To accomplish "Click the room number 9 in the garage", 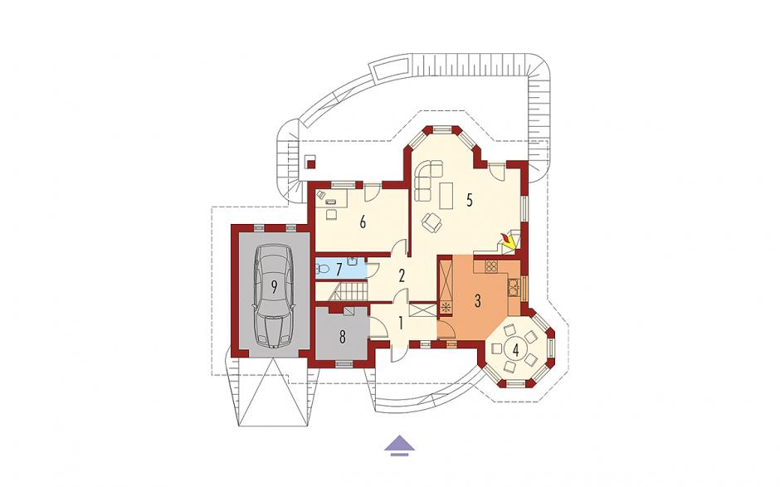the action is click(274, 286).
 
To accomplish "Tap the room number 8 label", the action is click(342, 338).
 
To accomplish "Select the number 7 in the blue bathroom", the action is click(339, 270).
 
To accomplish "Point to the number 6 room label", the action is click(363, 222).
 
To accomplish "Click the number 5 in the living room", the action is click(469, 200).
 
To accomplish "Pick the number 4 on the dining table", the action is click(516, 350).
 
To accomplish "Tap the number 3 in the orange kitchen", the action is click(478, 300).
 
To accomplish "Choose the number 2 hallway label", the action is click(402, 276).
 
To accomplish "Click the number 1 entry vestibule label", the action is click(401, 324).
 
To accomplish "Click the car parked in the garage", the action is click(274, 296).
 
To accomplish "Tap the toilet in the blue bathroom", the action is click(322, 270).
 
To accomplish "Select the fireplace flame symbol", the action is click(508, 240).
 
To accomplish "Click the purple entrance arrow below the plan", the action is click(399, 446).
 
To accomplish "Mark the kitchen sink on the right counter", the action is click(513, 286).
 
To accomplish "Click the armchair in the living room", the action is click(431, 222).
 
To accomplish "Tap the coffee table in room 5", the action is click(446, 196).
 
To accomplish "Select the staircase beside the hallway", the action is click(349, 291).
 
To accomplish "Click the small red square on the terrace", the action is click(311, 163).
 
